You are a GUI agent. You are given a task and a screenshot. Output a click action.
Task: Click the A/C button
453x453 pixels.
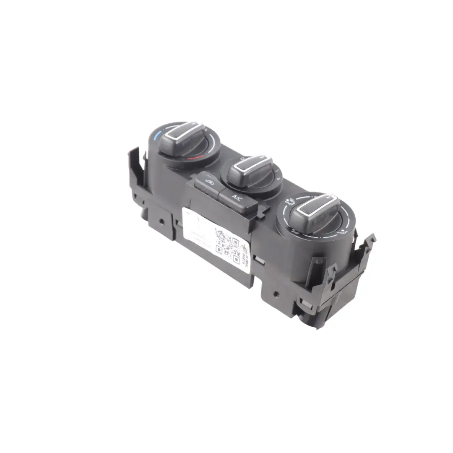[x=237, y=198]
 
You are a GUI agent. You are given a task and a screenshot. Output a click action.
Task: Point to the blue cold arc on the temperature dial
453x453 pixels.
[x=156, y=136]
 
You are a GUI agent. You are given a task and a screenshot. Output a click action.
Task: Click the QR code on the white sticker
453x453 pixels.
[x=226, y=242]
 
